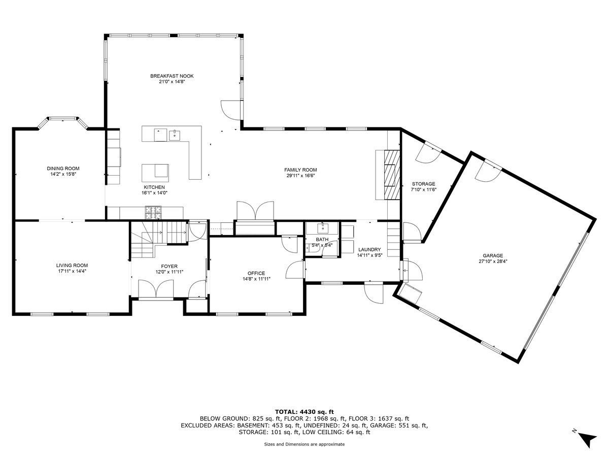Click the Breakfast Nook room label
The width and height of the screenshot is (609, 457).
[172, 76]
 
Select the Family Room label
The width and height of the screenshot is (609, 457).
[300, 170]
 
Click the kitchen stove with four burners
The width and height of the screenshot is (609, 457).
[153, 212]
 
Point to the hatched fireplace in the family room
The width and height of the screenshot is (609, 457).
[392, 175]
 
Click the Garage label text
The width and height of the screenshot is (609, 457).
[493, 255]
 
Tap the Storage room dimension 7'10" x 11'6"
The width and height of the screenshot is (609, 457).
[424, 189]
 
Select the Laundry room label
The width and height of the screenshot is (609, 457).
[369, 249]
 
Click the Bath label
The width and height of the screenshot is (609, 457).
[322, 240]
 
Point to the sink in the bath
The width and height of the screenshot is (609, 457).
[322, 228]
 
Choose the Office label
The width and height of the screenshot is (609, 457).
[256, 273]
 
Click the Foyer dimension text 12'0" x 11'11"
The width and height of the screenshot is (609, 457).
[170, 272]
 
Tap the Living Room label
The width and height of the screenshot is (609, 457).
[72, 266]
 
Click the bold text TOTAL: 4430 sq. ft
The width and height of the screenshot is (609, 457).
[304, 411]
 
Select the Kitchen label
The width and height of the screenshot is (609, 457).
[154, 187]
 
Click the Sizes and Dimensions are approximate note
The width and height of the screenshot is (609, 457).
[304, 444]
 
